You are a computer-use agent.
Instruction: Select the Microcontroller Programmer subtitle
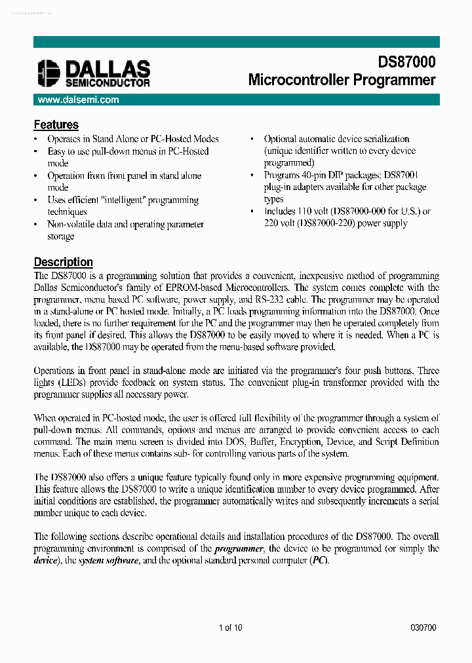tap(342, 81)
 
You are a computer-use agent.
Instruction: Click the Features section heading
tap(56, 124)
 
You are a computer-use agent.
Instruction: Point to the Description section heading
tap(63, 262)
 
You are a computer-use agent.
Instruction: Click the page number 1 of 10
tap(231, 628)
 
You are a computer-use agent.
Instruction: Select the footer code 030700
tap(423, 628)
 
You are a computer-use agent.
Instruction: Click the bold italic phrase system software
tap(108, 561)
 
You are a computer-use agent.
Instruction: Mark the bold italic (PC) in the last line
tap(319, 561)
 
